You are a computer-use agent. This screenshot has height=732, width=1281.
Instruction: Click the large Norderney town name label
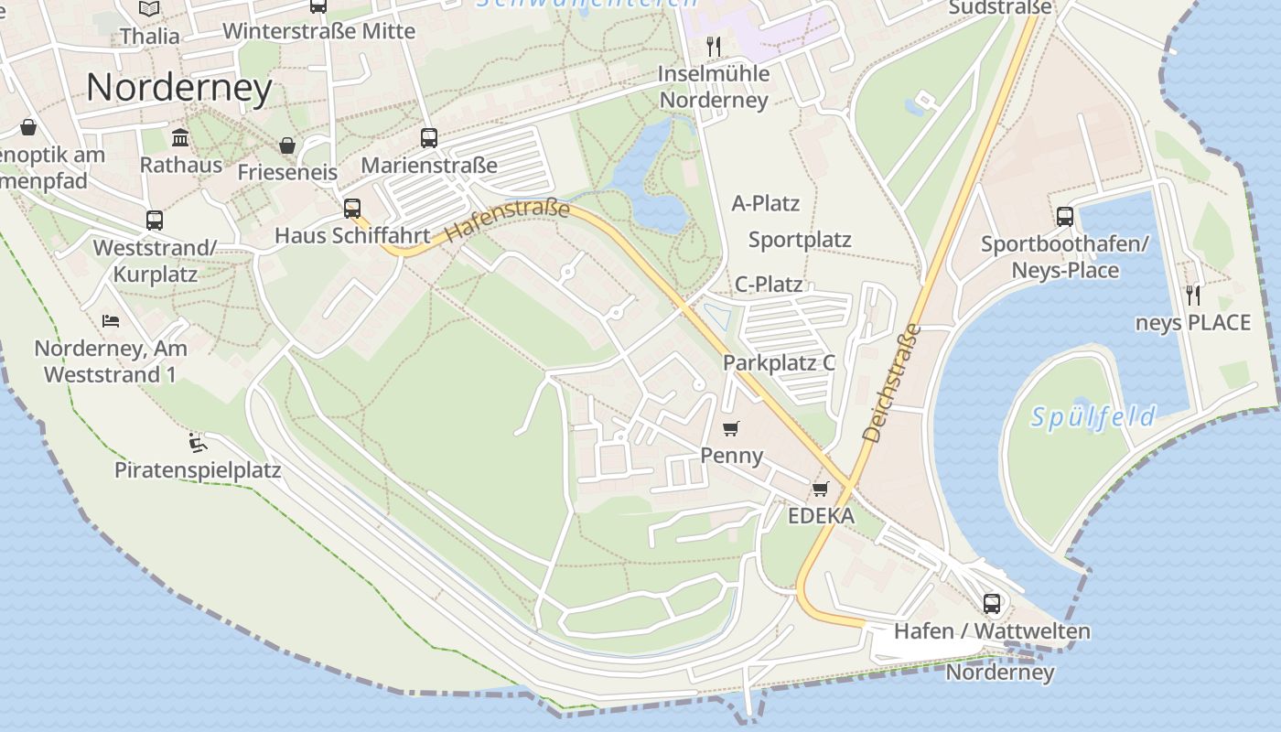[179, 88]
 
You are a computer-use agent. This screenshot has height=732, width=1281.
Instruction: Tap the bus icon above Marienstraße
[429, 138]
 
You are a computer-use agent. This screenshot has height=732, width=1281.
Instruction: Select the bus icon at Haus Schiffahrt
[352, 209]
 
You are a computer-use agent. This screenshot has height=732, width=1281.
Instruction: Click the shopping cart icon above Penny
[730, 428]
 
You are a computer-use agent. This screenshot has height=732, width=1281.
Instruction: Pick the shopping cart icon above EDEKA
[821, 489]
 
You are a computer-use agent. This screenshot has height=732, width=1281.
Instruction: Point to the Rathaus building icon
[180, 138]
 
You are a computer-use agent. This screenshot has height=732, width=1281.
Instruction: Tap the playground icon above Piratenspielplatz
[198, 444]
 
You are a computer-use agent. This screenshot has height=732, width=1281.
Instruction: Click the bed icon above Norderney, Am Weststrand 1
[111, 321]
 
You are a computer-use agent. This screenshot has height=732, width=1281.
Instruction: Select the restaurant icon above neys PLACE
[1192, 295]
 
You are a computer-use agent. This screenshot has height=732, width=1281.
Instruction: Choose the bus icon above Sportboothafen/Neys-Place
[1065, 217]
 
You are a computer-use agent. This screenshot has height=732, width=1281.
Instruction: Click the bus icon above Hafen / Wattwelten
[992, 604]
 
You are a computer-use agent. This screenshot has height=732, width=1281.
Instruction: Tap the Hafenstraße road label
[508, 221]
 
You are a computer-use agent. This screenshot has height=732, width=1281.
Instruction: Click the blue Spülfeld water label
[1093, 417]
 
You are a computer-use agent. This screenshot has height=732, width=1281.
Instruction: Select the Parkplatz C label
[779, 362]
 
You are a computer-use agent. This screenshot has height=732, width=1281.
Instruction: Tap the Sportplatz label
[800, 240]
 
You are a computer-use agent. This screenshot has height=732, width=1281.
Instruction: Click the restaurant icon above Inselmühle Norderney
[714, 46]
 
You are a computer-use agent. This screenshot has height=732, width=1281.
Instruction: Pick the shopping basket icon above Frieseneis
[287, 145]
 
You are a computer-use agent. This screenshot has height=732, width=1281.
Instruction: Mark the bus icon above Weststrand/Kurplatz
[155, 221]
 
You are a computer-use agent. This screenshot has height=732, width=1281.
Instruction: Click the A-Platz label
[766, 203]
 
